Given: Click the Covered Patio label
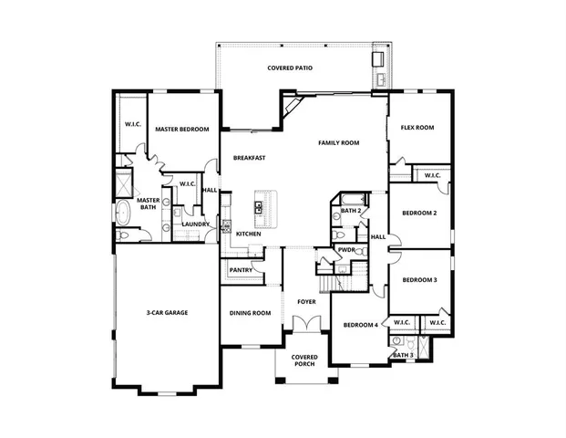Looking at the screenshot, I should coord(293,68).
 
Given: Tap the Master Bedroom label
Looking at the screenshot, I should coord(181,130).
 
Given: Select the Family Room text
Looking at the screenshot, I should coord(338,143).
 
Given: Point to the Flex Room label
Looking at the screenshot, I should coord(417,128).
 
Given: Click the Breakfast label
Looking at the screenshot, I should coord(249,158).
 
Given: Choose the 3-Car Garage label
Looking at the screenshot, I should coord(167,313).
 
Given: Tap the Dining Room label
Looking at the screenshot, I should coord(250,313).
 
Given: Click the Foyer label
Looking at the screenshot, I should coord(306,301).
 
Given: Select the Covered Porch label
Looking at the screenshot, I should coord(304,360).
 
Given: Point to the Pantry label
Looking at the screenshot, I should coord(241,270).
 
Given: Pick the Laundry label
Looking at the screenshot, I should coord(195,224).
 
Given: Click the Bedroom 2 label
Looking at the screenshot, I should coord(419,213).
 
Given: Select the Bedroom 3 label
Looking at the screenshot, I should coord(419,279).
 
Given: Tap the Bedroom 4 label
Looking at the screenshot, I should coord(360,326).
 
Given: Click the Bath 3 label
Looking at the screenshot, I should coord(404,354).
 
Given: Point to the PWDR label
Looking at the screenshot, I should coord(346,249).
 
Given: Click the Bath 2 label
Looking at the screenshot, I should coord(352,211).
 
